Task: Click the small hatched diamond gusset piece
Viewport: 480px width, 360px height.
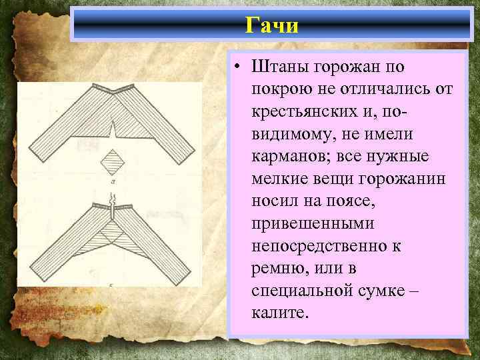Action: tap(115, 162)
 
